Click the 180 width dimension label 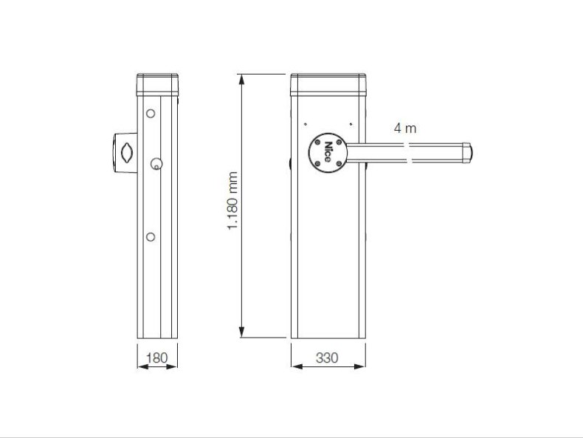157,358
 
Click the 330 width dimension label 327,358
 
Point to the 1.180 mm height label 232,201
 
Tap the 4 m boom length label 405,129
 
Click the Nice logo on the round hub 327,152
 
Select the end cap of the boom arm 467,153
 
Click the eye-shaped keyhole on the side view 127,153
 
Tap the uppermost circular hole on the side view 151,113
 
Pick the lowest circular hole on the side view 151,236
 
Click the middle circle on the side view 156,164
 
